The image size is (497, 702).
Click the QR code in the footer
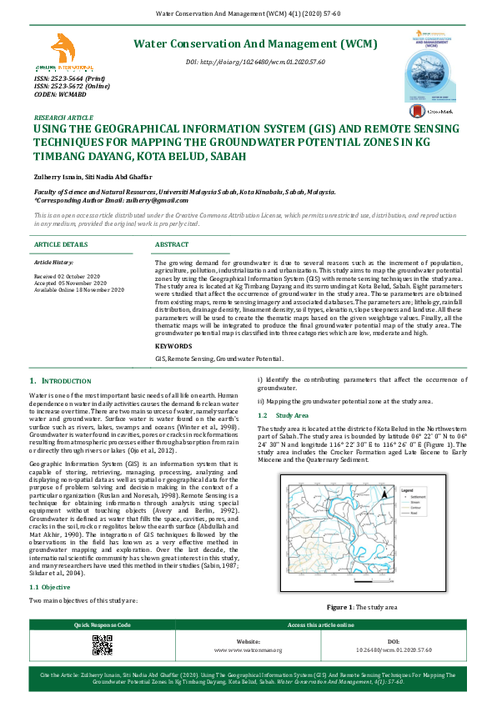[x=103, y=644]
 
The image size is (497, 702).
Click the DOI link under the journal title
[x=254, y=63]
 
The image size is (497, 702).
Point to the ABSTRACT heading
[x=173, y=244]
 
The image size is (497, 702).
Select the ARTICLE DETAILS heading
[x=60, y=244]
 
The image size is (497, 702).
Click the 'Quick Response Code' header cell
[x=103, y=624]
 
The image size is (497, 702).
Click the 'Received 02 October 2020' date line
[x=67, y=275]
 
